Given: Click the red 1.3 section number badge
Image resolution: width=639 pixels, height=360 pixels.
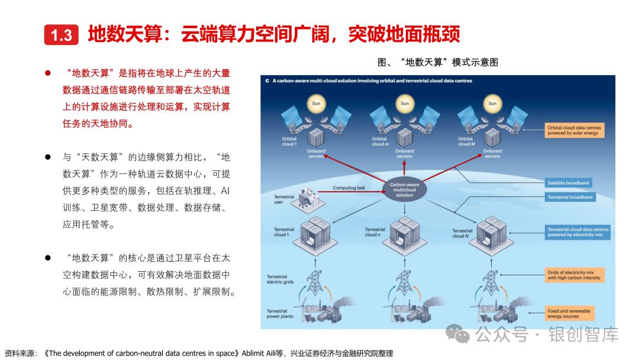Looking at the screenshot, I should coord(61,36).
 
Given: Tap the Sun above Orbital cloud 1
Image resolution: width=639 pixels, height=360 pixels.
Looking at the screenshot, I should coord(317,104).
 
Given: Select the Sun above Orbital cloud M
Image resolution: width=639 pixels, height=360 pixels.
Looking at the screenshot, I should coord(492,104).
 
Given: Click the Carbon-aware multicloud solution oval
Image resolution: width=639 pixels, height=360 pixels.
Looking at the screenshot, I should coord(405,189).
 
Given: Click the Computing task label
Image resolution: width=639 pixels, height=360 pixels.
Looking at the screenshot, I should coord(348,188).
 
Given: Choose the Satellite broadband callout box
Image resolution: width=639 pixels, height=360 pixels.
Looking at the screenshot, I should coord(569,183).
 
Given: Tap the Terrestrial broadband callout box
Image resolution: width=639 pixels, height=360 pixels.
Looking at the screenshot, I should coord(570,197).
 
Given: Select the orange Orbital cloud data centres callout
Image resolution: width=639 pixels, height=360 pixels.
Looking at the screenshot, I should coord(574,130).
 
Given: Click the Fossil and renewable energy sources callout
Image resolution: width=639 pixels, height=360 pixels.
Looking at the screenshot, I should coord(569,313).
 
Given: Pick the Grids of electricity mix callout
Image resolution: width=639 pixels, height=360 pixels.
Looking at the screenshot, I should coord(573,275).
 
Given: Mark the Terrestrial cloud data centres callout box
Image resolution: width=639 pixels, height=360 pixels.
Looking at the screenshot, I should coord(577,232).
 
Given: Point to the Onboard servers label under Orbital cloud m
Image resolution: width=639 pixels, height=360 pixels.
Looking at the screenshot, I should coord(405,153).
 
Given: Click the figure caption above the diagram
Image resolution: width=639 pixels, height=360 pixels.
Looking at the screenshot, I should coord(437,62).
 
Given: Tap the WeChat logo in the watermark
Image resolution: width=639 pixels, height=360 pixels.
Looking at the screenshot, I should coord(459,335).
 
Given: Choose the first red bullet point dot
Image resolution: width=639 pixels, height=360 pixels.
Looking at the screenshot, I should coord(48,73).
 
